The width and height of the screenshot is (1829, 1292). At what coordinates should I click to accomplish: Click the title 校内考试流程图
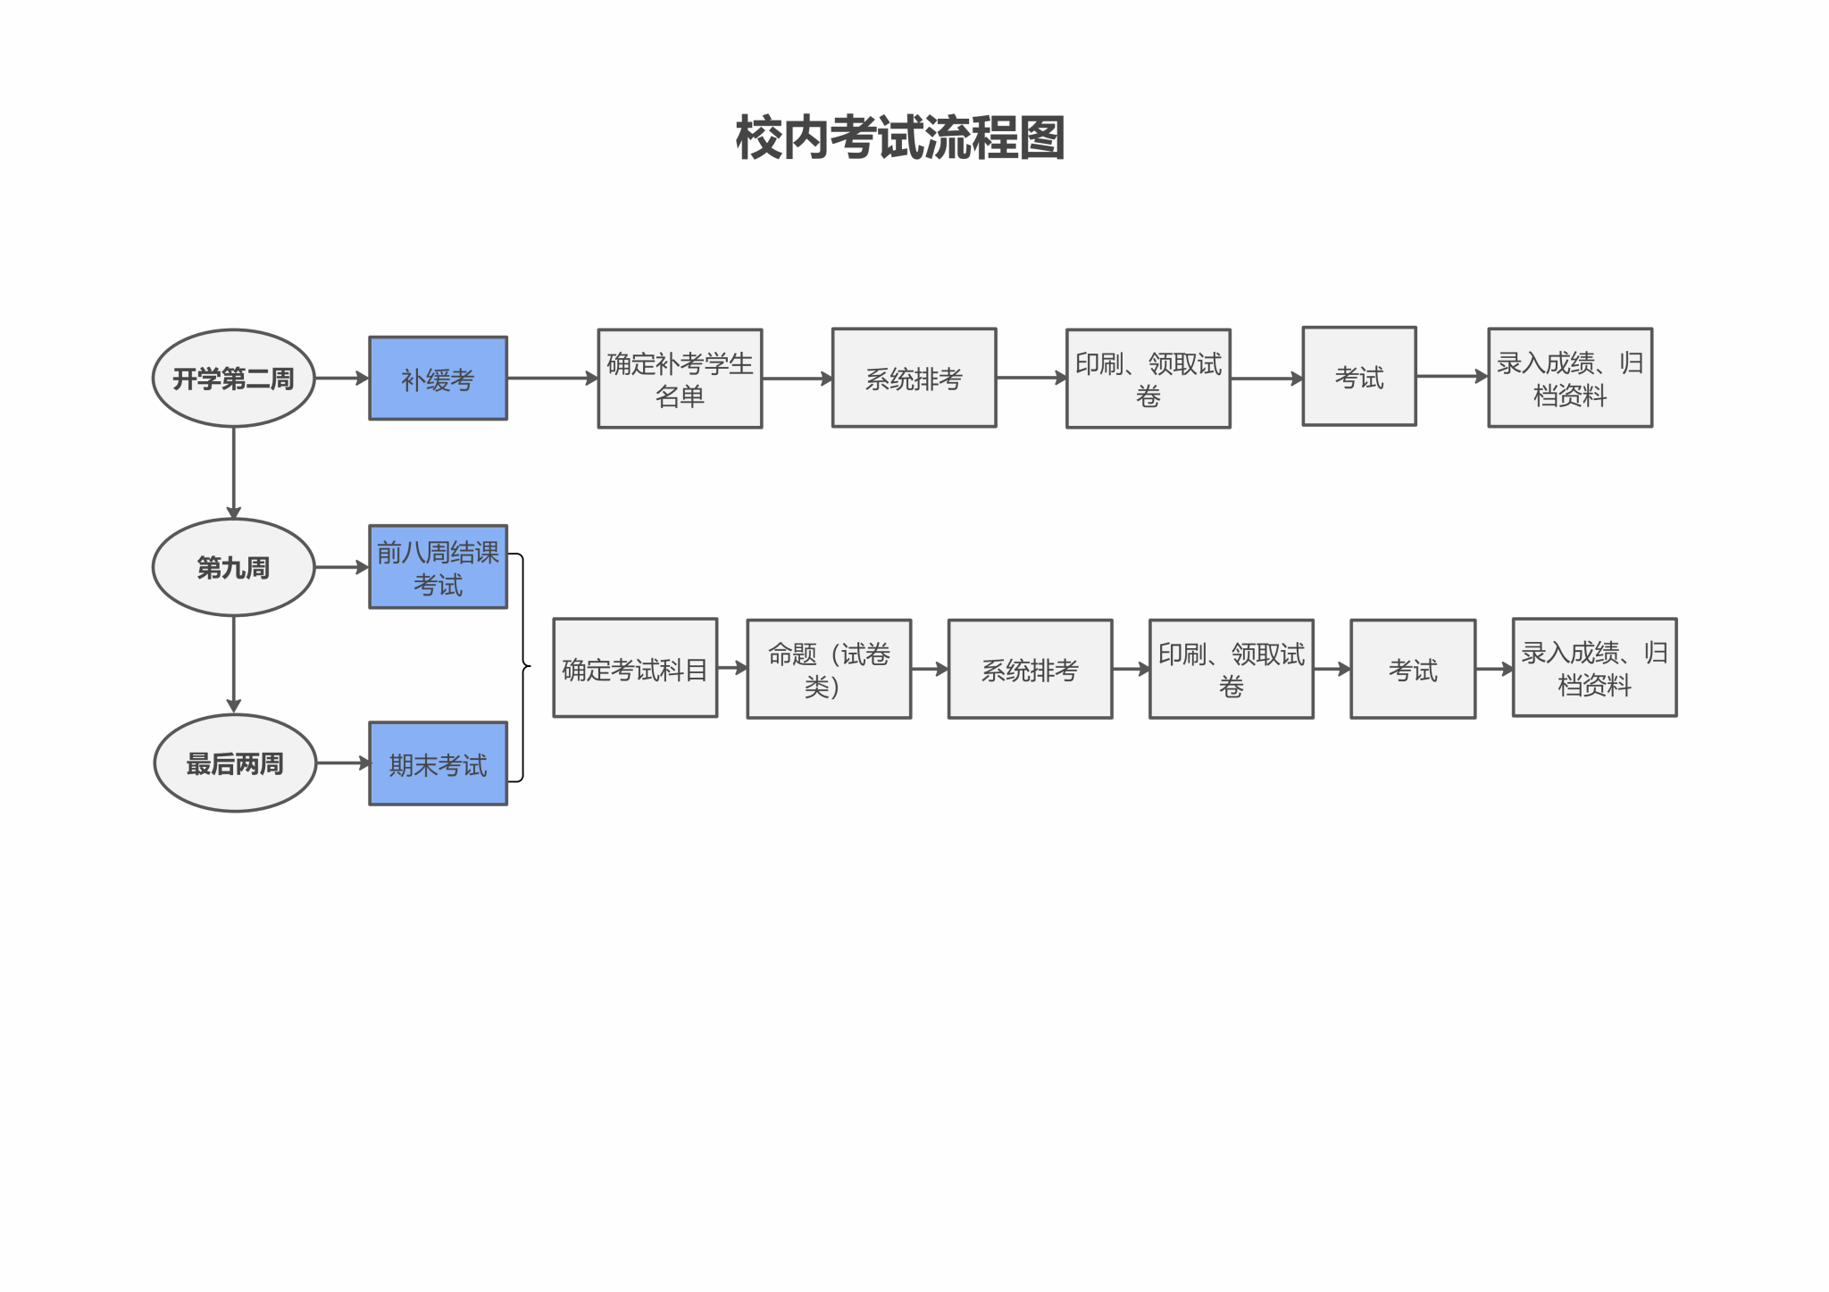[x=900, y=138]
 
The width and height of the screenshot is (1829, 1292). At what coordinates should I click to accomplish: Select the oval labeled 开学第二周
[x=233, y=379]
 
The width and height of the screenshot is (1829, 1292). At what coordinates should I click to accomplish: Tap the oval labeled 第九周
[x=233, y=567]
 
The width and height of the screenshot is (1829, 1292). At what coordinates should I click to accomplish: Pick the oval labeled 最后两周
[x=235, y=763]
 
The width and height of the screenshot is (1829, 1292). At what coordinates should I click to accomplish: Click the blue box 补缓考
[x=438, y=379]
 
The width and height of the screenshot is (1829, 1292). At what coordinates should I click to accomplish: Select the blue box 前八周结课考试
[x=438, y=567]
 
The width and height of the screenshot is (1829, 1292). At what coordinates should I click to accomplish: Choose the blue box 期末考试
[x=438, y=763]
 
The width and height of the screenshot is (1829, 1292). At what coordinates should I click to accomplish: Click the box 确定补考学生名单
[x=680, y=379]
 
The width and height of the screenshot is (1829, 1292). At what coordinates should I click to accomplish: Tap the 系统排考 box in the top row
[x=914, y=378]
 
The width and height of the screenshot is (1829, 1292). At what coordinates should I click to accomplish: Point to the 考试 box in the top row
[x=1359, y=376]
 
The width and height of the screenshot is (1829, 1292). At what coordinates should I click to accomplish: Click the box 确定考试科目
[x=635, y=668]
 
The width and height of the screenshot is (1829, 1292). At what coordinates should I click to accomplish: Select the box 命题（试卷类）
[x=829, y=669]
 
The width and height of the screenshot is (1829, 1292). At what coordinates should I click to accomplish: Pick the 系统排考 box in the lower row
[x=1030, y=669]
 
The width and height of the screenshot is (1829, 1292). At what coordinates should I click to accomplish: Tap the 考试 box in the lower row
[x=1413, y=669]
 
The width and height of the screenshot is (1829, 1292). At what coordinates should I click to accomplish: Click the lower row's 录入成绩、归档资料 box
[x=1594, y=667]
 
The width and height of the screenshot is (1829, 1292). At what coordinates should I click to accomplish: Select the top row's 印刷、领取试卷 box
[x=1148, y=379]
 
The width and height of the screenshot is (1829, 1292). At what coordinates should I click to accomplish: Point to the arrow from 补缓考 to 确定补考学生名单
[x=552, y=379]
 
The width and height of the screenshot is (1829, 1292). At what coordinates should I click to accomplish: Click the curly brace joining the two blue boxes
[x=522, y=666]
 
